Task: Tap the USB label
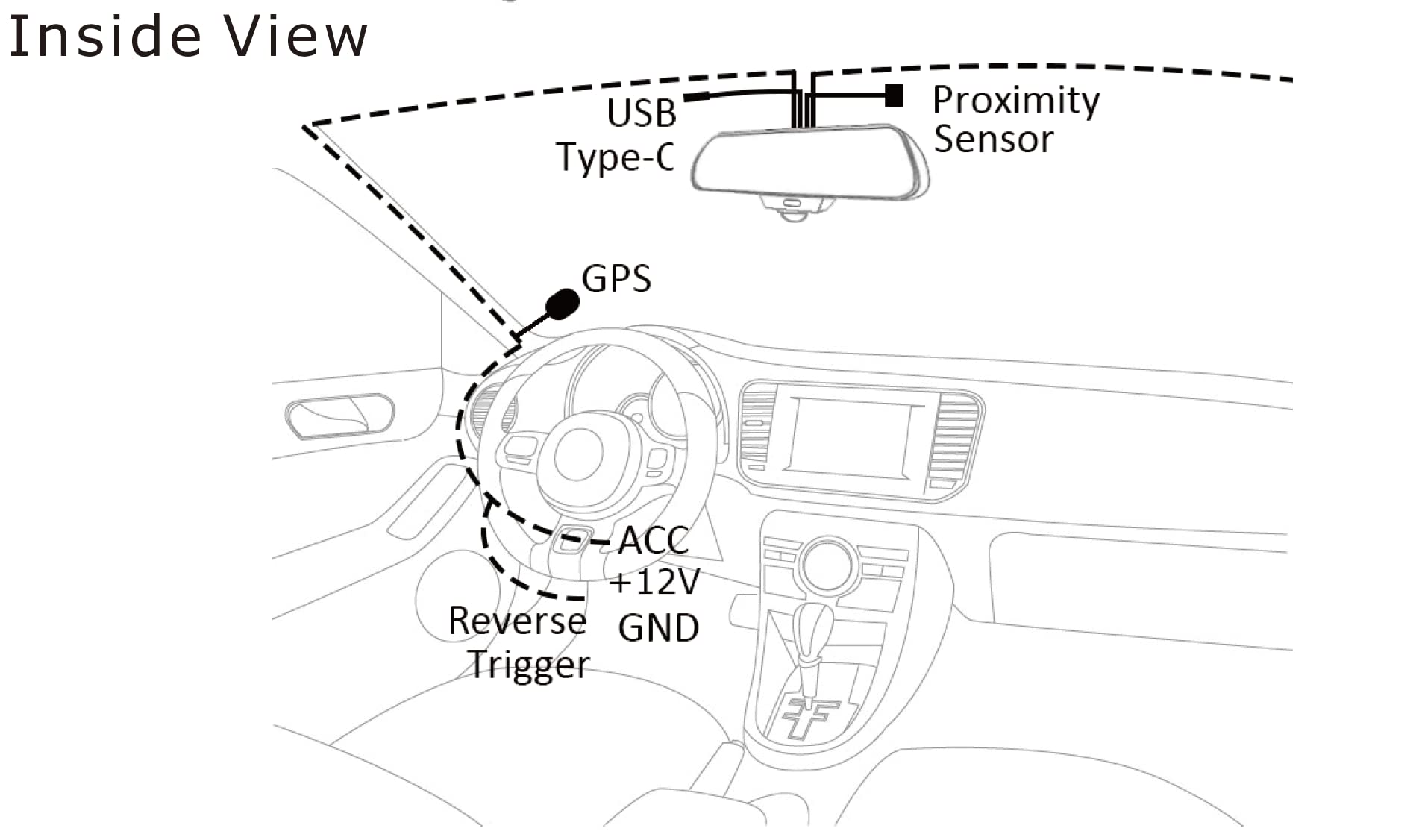(642, 113)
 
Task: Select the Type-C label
(616, 157)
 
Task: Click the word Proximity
(1016, 101)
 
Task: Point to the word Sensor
(994, 140)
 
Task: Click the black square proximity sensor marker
(895, 95)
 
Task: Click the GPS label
(616, 279)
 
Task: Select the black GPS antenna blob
(563, 304)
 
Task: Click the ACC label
(654, 541)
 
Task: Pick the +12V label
(655, 582)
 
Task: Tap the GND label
(659, 627)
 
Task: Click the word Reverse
(517, 621)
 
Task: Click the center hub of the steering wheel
(579, 454)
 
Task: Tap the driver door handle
(339, 416)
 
